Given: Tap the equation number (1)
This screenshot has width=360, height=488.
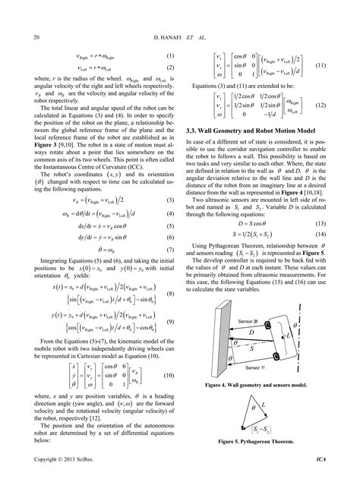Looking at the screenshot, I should (x=170, y=56).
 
